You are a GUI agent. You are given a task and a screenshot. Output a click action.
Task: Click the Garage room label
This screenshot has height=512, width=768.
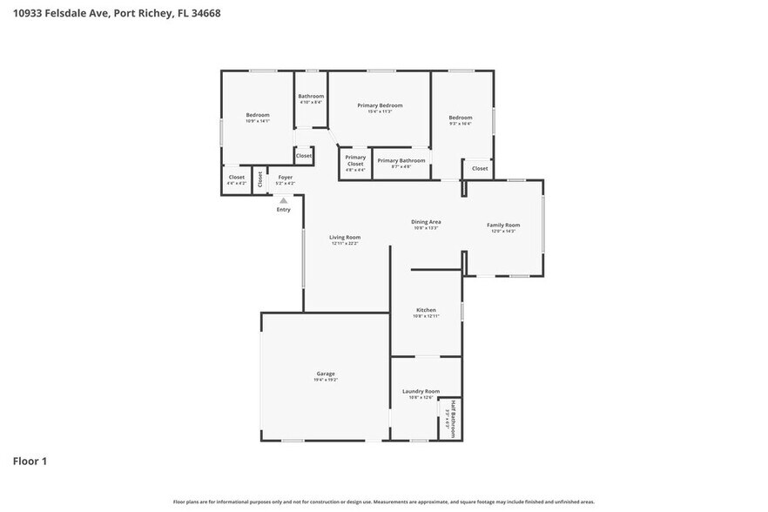point(325,374)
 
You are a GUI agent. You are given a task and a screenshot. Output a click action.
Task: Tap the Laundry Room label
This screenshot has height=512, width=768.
point(421,392)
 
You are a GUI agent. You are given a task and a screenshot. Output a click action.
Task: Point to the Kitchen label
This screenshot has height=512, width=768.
point(426,310)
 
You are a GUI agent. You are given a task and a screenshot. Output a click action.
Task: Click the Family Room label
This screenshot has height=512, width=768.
point(503,226)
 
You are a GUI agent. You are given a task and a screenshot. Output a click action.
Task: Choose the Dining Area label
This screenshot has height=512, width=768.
point(426,222)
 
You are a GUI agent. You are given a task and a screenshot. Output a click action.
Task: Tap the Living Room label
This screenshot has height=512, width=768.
point(345,237)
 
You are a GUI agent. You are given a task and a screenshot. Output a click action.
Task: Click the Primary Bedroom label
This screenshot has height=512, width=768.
point(380,105)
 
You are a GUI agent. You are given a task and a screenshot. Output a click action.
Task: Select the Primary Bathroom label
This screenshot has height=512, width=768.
point(401,160)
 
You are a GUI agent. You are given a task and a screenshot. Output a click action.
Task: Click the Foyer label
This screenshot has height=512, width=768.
point(286,178)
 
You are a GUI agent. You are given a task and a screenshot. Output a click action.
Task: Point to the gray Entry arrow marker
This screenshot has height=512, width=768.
point(283,200)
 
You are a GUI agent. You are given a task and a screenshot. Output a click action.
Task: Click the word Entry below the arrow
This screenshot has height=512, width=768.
point(284,210)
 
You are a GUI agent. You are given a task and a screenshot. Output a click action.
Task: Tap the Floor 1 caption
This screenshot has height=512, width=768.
point(30,461)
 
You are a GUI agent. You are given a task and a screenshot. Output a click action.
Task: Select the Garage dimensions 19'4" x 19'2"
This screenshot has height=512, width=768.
point(325,381)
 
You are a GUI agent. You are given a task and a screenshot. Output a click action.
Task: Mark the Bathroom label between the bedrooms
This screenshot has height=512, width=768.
point(311,96)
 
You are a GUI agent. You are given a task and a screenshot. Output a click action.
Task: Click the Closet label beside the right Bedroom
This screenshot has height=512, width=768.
point(480,168)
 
